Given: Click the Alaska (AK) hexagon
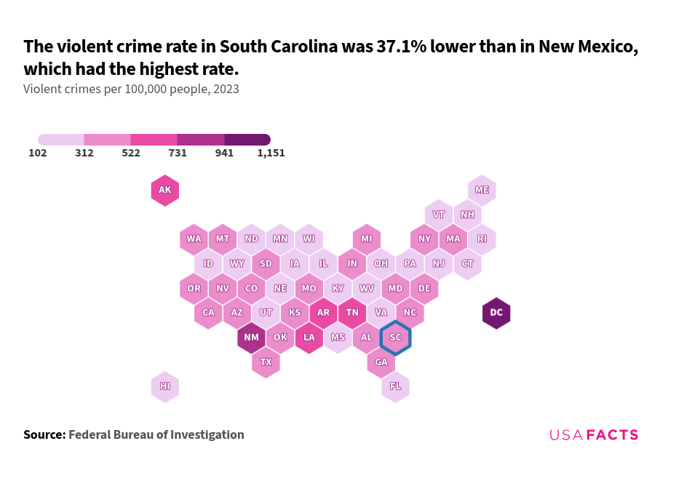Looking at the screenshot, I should click(x=165, y=191).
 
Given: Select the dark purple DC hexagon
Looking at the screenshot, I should click(x=496, y=313).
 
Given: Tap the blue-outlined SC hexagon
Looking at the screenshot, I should click(x=395, y=338).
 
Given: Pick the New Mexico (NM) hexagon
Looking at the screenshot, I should click(x=251, y=338).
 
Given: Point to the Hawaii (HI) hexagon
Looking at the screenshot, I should click(x=165, y=386).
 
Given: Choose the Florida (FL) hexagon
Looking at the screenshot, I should click(x=395, y=386).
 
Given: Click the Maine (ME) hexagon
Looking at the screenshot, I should click(x=482, y=190).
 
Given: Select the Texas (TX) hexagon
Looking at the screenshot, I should click(x=266, y=362).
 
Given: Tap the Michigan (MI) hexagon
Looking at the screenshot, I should click(x=367, y=239).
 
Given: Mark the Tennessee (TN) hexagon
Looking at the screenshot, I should click(x=352, y=313).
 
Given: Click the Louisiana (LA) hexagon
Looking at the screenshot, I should click(x=309, y=338).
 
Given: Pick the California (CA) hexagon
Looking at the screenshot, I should click(x=208, y=313).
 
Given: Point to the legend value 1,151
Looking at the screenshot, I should click(x=271, y=154).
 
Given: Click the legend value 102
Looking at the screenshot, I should click(x=38, y=154).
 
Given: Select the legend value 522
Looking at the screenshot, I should click(x=131, y=154).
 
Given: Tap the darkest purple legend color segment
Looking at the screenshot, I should click(x=247, y=139).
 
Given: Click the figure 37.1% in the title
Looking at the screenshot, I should click(x=401, y=47).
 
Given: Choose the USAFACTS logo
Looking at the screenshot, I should click(x=593, y=435).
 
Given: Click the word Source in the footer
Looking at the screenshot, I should click(x=44, y=435).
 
